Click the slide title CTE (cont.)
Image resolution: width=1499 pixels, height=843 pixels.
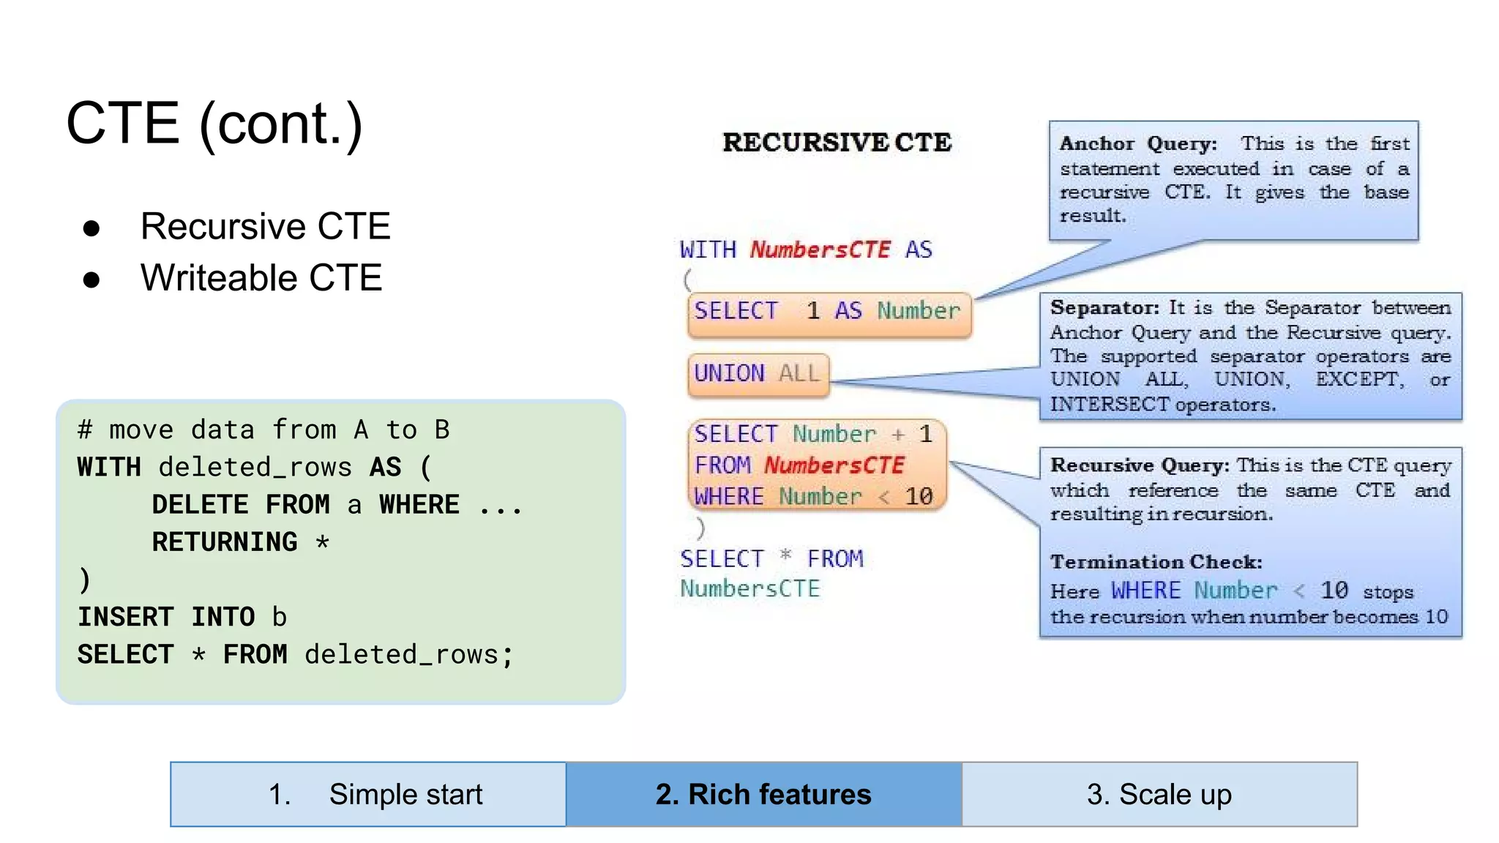pyautogui.click(x=214, y=124)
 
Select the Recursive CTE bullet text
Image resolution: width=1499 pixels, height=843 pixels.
pyautogui.click(x=265, y=226)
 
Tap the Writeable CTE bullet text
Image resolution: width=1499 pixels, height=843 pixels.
pyautogui.click(x=261, y=278)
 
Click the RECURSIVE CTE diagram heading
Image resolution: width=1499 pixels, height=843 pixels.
pyautogui.click(x=837, y=143)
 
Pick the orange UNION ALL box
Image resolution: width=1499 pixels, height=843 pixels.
pyautogui.click(x=758, y=374)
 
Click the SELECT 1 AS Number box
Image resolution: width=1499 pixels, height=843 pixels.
pyautogui.click(x=828, y=312)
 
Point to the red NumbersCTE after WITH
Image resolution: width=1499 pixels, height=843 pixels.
pyautogui.click(x=820, y=250)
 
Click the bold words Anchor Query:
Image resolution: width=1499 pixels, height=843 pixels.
pyautogui.click(x=1138, y=144)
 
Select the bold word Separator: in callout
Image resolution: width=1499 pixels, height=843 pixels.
pyautogui.click(x=1104, y=308)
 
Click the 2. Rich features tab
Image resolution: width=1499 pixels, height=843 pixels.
pyautogui.click(x=763, y=795)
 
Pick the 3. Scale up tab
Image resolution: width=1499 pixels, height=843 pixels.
pyautogui.click(x=1159, y=795)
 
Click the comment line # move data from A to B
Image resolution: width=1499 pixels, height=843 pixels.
pyautogui.click(x=263, y=430)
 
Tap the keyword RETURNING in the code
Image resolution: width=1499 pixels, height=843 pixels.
pyautogui.click(x=225, y=542)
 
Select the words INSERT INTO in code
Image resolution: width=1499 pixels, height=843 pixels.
pyautogui.click(x=166, y=617)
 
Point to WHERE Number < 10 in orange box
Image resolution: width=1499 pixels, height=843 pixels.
pyautogui.click(x=813, y=497)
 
